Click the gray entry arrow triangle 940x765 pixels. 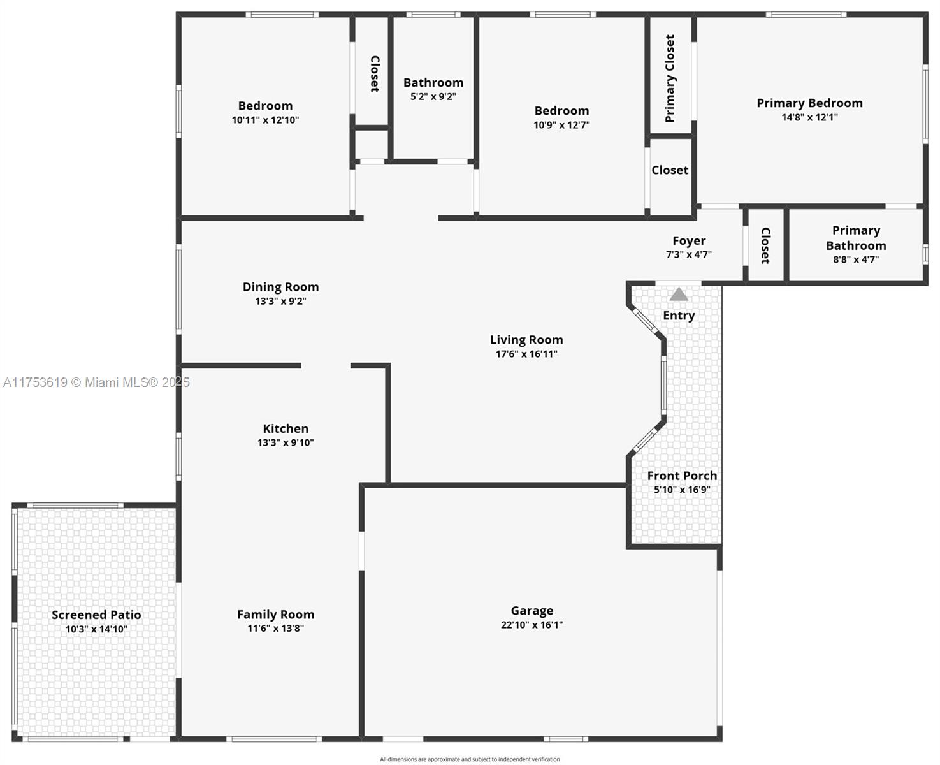678,294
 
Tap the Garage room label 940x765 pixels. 531,611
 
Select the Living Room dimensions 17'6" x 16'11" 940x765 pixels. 526,354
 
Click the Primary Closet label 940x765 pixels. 670,78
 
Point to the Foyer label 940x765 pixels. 688,240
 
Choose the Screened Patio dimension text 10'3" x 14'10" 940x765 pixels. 96,629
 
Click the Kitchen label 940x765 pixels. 286,428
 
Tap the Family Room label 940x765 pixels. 275,615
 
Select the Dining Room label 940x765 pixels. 280,287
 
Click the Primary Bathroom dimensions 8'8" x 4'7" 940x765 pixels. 856,259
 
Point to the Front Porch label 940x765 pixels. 682,476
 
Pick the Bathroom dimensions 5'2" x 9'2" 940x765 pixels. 433,96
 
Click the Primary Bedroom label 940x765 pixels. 809,103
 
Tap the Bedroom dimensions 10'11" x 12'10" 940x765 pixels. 265,120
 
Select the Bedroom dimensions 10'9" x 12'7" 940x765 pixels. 561,125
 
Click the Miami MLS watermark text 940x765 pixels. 96,382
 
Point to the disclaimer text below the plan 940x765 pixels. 470,759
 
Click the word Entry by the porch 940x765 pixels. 679,316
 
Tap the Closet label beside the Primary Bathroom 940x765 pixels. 765,245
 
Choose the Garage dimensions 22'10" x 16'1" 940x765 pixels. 531,625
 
